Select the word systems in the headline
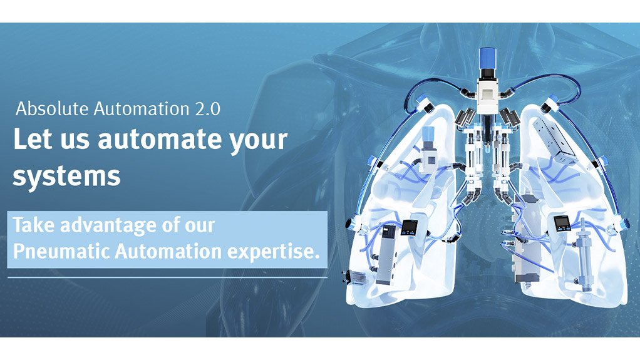click(66, 177)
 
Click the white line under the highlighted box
click(167, 276)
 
